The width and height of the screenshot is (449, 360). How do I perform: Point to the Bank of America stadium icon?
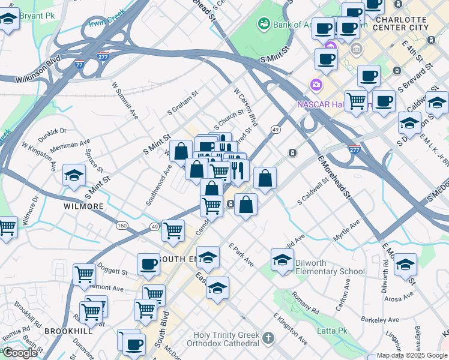point(263,24)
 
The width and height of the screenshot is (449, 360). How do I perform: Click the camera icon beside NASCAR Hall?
point(315,85)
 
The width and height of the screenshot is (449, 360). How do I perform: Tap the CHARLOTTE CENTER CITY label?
point(408,23)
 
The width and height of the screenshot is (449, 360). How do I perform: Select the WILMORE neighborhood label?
point(83,206)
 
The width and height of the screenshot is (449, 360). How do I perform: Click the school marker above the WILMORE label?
point(74,175)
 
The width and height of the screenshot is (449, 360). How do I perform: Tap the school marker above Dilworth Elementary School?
point(282,260)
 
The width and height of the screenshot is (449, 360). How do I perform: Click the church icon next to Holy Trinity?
point(268,339)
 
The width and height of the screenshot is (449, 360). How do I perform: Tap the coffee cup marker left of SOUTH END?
point(148,263)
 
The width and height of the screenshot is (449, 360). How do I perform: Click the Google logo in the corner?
point(20,353)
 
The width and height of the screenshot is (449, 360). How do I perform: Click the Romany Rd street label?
point(306,302)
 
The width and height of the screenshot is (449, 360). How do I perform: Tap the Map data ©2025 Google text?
point(411,355)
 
